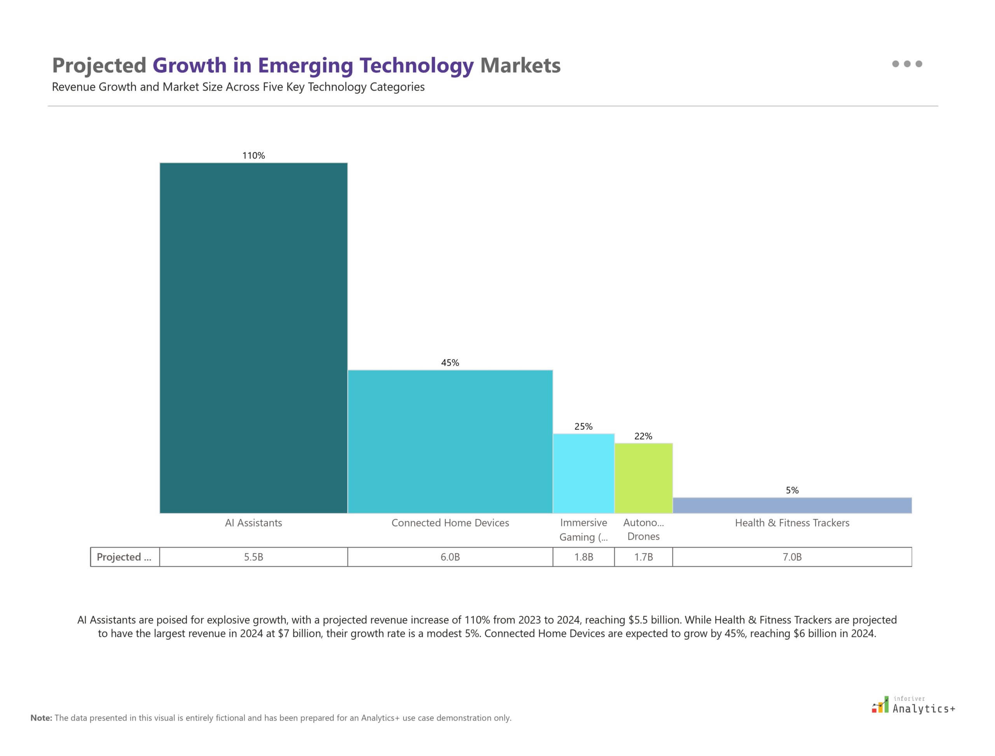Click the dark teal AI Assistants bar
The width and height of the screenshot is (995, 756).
tap(253, 337)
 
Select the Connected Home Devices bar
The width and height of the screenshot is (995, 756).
tap(450, 441)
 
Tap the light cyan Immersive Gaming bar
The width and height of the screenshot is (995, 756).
tap(583, 473)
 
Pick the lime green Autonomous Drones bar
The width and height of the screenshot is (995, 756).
tap(643, 478)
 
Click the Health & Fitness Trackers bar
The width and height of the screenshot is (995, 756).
tap(792, 505)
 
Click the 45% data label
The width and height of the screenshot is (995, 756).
tap(450, 363)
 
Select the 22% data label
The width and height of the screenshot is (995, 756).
tap(643, 436)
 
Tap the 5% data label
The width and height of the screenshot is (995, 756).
tap(792, 490)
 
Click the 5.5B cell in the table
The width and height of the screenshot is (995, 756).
tap(253, 557)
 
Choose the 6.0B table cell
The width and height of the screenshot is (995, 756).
tap(450, 557)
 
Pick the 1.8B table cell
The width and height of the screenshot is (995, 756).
tap(583, 557)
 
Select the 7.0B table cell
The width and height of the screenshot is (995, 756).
tap(792, 557)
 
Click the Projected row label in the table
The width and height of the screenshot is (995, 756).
tap(124, 557)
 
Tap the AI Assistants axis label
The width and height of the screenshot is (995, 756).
tap(253, 523)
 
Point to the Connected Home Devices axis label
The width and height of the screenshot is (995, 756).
tap(450, 523)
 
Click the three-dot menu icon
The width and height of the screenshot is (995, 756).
tap(907, 64)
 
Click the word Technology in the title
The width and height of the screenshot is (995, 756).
tap(416, 66)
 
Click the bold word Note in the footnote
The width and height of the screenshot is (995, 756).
tap(41, 718)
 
